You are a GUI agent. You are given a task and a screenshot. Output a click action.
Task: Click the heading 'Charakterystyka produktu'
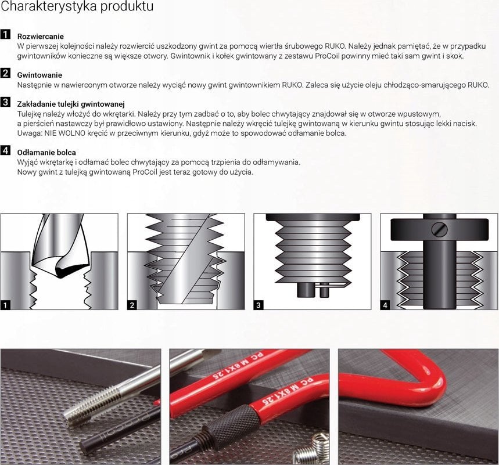[77, 6]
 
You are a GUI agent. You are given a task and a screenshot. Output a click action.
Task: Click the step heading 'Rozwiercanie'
[41, 36]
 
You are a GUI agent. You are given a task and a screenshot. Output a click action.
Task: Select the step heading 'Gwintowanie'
[40, 75]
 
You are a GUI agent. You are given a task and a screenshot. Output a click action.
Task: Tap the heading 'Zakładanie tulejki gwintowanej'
[71, 104]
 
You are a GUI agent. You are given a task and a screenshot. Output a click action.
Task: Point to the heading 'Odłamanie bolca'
[46, 152]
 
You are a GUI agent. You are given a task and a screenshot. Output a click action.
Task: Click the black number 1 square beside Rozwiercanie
[5, 34]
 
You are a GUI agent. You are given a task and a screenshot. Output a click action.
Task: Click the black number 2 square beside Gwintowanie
[5, 73]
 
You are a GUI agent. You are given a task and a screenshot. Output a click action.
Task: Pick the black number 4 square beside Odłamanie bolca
[5, 150]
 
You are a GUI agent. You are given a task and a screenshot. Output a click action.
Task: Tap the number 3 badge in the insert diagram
[259, 305]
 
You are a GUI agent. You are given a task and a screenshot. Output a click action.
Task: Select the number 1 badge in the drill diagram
[5, 305]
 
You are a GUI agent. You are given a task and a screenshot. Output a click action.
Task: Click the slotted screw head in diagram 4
[440, 229]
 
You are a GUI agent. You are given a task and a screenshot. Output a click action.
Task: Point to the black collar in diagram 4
[439, 229]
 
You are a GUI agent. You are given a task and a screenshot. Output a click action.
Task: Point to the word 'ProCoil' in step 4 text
[145, 172]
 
